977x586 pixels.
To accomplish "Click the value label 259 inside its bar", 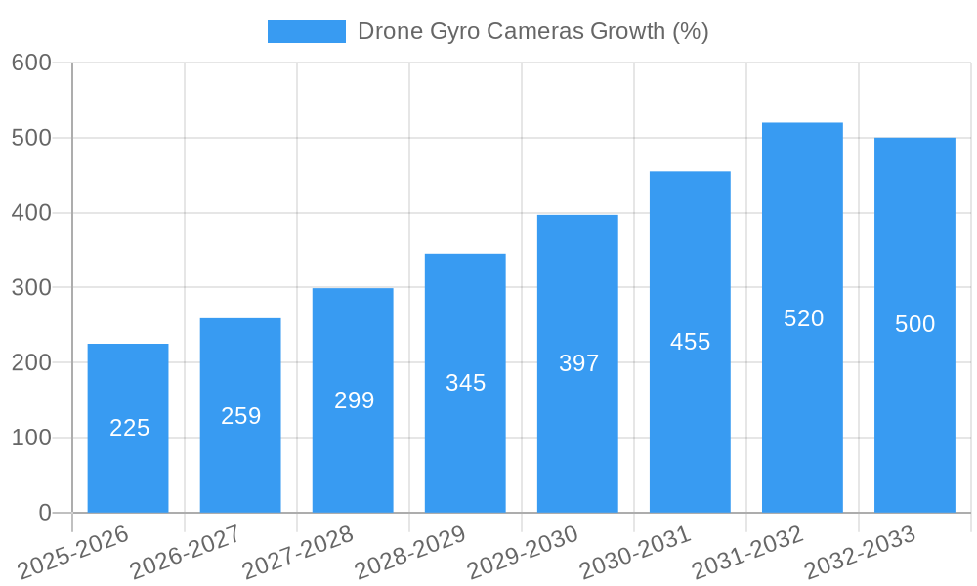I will pos(240,416).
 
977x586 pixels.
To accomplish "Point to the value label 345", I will pos(465,383).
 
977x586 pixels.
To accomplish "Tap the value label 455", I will pos(690,342).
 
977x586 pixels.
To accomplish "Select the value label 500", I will pos(914,324).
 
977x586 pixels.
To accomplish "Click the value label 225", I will pos(129,428).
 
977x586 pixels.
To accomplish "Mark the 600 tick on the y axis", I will pos(31,63).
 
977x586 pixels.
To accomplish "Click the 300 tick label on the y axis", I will pos(31,287).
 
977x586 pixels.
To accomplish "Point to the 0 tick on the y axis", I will pos(44,513).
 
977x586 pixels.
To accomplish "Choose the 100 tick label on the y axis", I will pos(31,438).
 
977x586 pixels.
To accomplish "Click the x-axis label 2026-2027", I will pos(186,553).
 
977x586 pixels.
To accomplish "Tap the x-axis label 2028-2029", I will pos(410,553).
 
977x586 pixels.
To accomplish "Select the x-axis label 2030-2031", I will pos(635,553).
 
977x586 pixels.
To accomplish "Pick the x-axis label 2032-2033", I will pos(860,553).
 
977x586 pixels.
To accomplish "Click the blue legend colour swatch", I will pos(306,31).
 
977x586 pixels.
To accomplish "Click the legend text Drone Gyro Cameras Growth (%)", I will pos(532,31).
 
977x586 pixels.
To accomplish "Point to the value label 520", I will pos(803,318).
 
